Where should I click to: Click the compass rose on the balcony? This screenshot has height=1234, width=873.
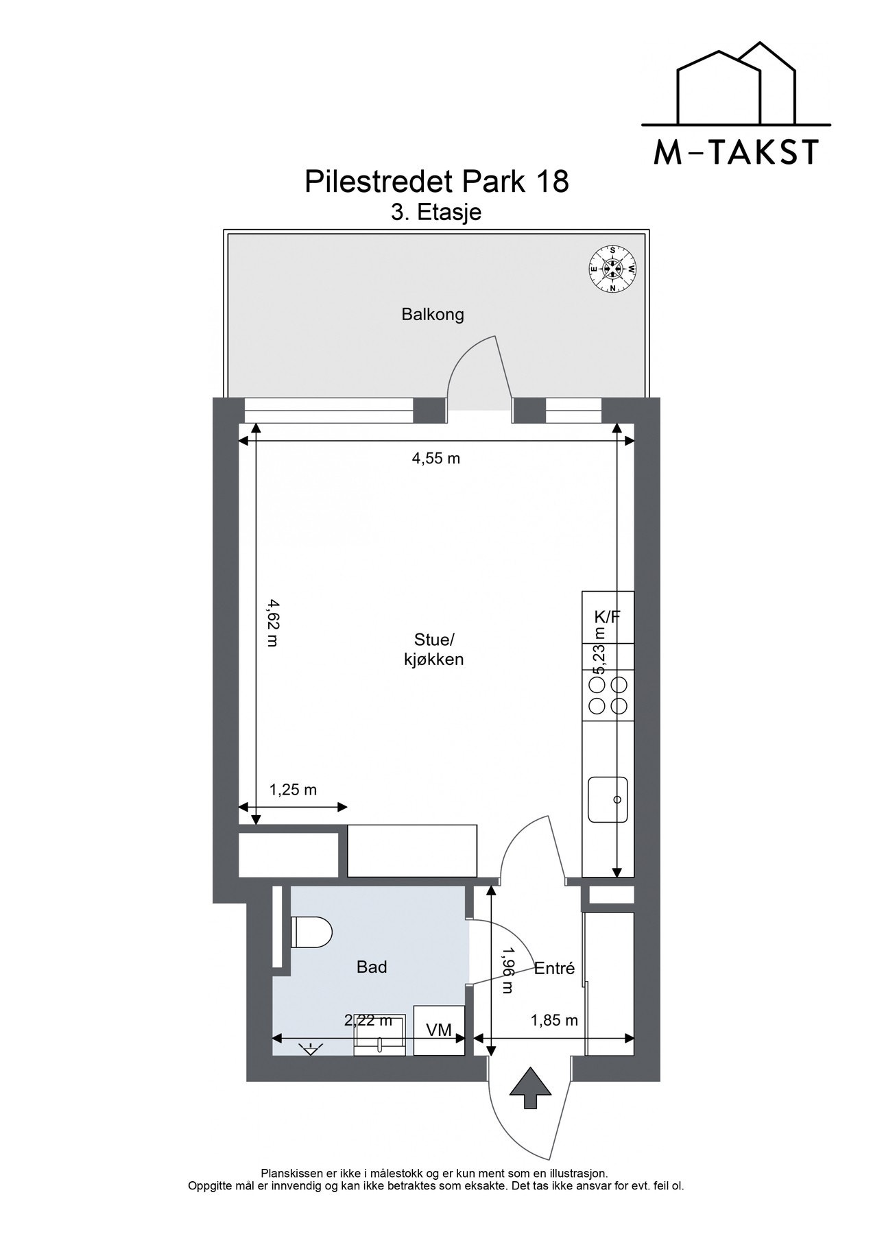614,269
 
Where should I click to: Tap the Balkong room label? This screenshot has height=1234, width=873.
433,315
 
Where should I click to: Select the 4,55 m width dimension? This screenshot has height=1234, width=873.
435,459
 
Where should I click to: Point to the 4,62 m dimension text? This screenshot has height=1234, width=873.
272,622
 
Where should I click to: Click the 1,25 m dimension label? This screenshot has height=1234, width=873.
293,790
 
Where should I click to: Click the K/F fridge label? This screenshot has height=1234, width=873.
607,616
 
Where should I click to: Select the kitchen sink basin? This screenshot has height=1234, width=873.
608,799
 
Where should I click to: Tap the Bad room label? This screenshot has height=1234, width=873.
372,967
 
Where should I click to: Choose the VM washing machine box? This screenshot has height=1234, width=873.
439,1030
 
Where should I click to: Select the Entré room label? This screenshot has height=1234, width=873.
554,969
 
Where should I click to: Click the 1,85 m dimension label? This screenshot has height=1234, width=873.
554,1021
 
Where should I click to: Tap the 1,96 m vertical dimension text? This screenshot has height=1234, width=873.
507,970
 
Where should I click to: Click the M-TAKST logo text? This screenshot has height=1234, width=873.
737,152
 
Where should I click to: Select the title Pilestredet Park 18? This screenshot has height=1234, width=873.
436,182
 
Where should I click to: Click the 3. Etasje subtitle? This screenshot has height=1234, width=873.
436,213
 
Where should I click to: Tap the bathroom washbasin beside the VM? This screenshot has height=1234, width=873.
379,1044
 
